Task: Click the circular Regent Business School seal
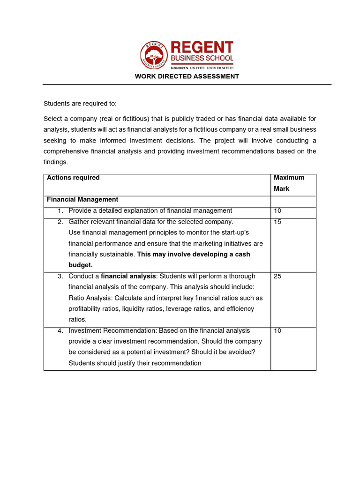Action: click(154, 55)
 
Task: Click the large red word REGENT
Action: click(202, 48)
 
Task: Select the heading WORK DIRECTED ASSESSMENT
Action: click(187, 76)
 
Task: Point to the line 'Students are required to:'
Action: click(80, 104)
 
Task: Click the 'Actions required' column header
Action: click(73, 178)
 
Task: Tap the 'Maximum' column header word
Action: click(289, 178)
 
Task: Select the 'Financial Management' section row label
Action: click(82, 200)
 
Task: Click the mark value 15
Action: click(277, 222)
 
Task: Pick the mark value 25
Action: click(277, 276)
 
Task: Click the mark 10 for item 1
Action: click(277, 211)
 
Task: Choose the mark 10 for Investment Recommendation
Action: click(277, 330)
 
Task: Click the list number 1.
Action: click(60, 211)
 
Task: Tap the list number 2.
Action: click(60, 222)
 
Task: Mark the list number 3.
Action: click(60, 276)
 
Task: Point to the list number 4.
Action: click(60, 330)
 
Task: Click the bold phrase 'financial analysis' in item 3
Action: click(128, 276)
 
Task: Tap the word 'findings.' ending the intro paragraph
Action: click(56, 162)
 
